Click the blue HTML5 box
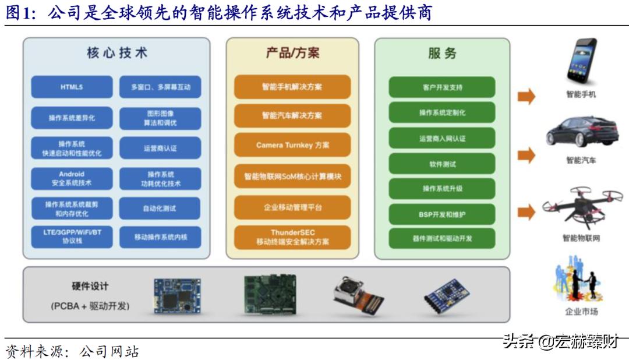(x=72, y=87)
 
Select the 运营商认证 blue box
(x=160, y=148)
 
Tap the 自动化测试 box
(x=160, y=208)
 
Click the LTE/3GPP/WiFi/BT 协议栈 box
(x=72, y=237)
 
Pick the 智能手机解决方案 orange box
(x=292, y=87)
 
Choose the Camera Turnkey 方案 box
(x=292, y=145)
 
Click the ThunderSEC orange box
(x=292, y=237)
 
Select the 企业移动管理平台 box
(x=292, y=207)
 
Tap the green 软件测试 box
(x=442, y=164)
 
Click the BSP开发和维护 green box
(x=442, y=214)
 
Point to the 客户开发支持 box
(x=442, y=87)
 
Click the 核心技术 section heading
(x=116, y=53)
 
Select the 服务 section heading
(x=442, y=53)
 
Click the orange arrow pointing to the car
(x=526, y=155)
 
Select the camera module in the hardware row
(x=358, y=295)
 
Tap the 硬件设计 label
(x=90, y=287)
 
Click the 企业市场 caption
(x=581, y=312)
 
